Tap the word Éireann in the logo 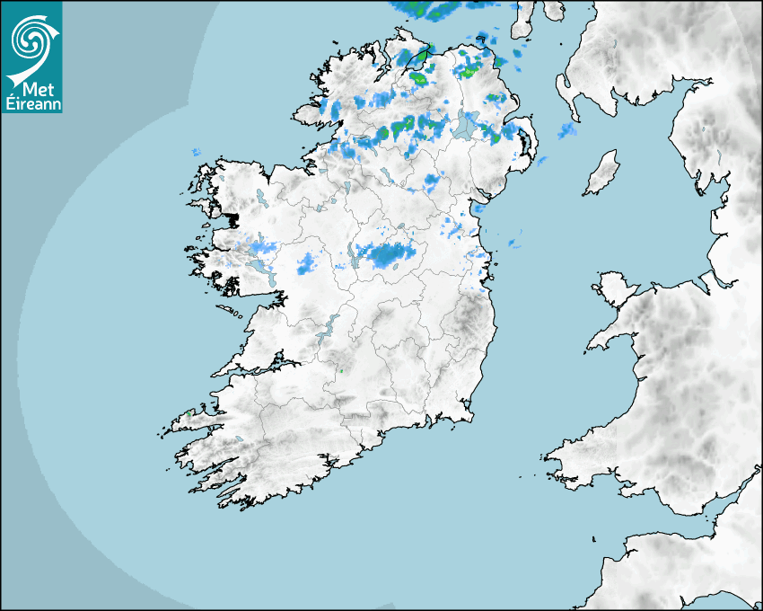pos(31,103)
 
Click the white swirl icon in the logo pos(31,40)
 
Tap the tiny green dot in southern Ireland pos(340,369)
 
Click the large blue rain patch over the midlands pos(388,254)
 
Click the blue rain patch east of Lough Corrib pos(307,263)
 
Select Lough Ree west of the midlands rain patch pos(346,254)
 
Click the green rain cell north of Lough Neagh pos(469,67)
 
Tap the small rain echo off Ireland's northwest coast pos(195,152)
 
